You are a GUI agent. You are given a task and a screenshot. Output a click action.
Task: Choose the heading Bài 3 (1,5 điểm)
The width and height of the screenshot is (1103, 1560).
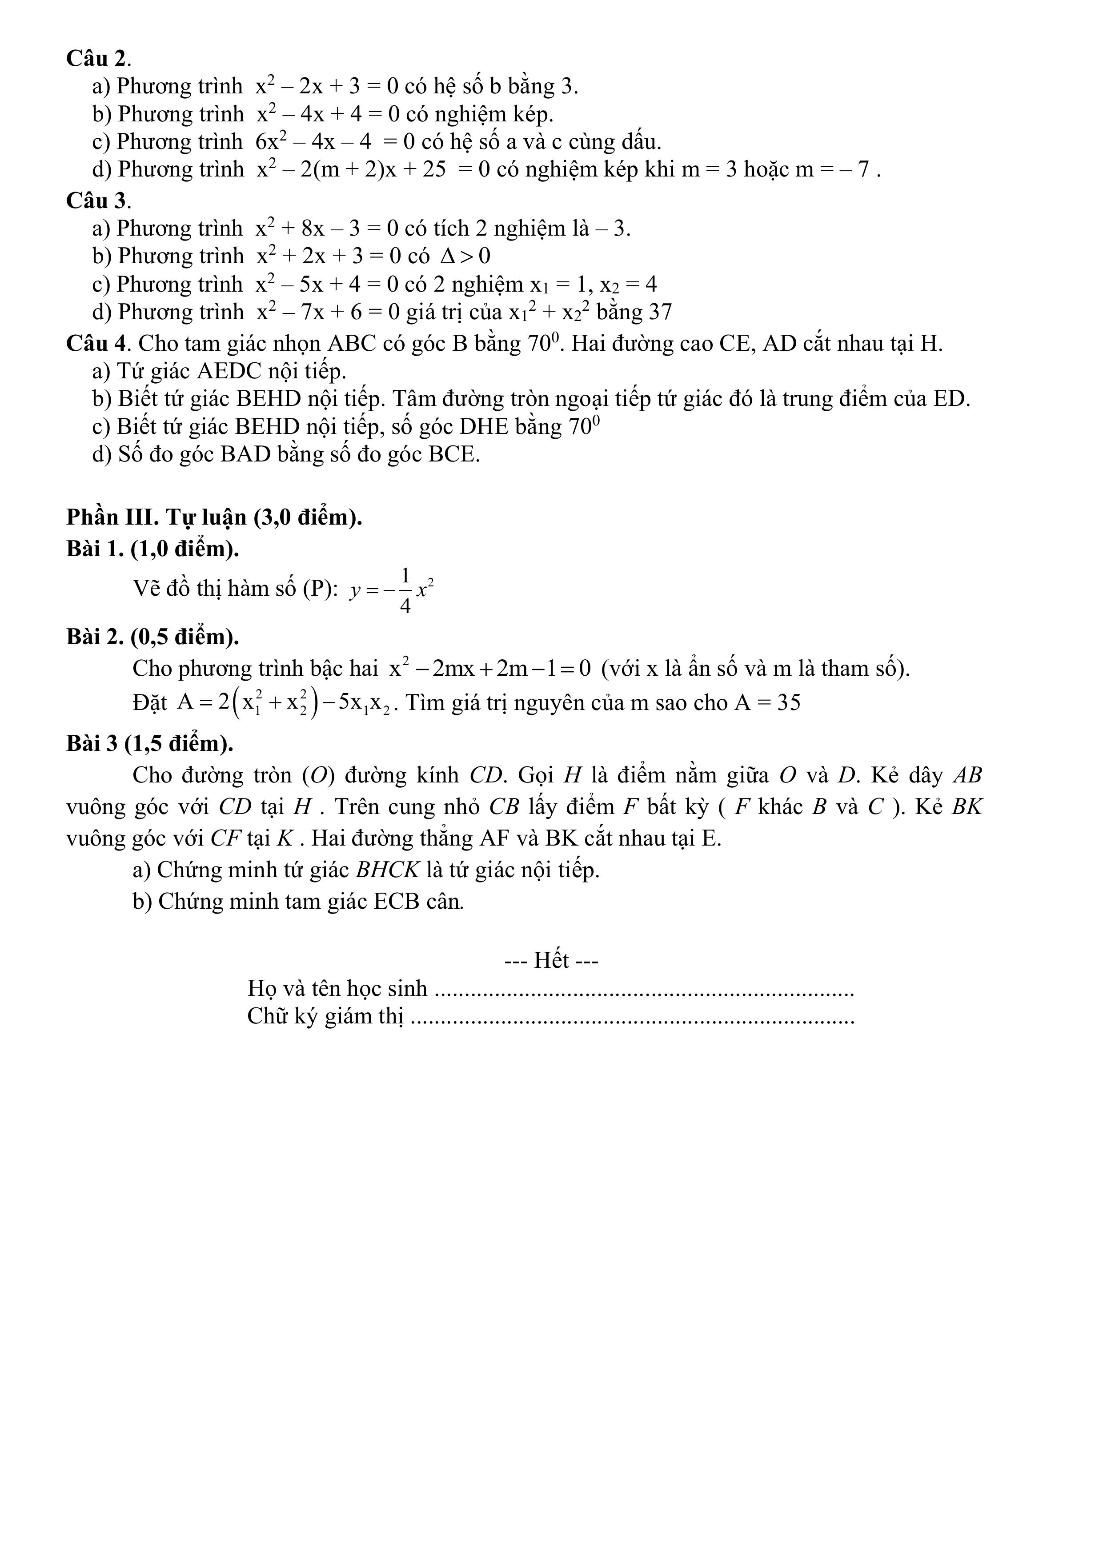pyautogui.click(x=149, y=743)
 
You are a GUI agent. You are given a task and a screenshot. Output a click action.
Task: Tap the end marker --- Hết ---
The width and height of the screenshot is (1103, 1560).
pyautogui.click(x=551, y=960)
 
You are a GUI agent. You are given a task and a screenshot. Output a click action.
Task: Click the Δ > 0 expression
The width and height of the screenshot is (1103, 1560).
pyautogui.click(x=465, y=256)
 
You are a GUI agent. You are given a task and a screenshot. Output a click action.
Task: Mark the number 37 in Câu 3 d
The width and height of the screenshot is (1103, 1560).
pyautogui.click(x=660, y=312)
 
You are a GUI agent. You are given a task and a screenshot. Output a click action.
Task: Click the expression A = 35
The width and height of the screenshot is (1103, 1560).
pyautogui.click(x=767, y=702)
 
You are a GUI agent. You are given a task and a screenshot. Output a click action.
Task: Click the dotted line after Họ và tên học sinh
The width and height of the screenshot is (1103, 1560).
pyautogui.click(x=643, y=989)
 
